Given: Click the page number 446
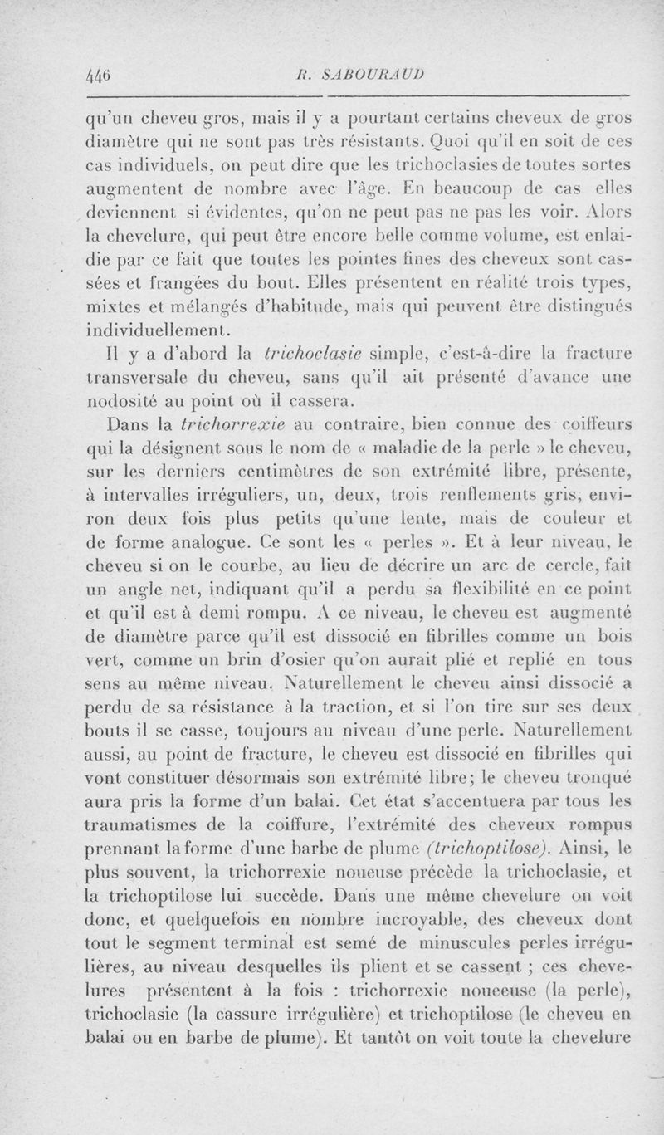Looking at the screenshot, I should pos(100,72).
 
